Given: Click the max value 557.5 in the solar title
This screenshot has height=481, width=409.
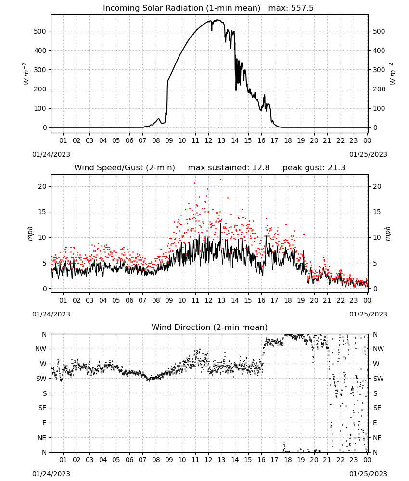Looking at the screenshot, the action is tap(302, 8).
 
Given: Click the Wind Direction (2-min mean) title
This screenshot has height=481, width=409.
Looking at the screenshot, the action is tap(210, 327).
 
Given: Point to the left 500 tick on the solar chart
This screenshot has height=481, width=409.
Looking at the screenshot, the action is tap(40, 31).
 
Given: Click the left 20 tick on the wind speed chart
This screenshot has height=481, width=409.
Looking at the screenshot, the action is tap(42, 186).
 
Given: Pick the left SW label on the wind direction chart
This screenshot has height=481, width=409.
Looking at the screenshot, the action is tap(41, 379).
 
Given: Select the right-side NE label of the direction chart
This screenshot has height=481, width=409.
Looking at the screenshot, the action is tap(377, 438).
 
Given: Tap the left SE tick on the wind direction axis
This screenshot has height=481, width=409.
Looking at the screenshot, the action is tap(42, 408).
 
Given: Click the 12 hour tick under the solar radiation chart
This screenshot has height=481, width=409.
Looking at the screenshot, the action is tap(208, 140).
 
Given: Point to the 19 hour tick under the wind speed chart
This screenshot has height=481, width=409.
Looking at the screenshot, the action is tap(301, 300).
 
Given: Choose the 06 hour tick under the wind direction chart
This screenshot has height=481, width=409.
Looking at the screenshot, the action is tap(129, 460).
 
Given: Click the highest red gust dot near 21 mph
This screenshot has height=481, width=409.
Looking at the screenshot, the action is tap(220, 180).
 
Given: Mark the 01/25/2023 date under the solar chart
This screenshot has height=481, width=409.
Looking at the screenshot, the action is tap(368, 154).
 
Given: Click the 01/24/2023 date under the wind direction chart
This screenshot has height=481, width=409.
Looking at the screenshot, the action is tap(51, 474).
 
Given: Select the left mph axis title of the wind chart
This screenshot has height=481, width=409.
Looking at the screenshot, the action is tap(30, 233).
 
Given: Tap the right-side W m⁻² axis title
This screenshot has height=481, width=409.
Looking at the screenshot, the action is tap(393, 74).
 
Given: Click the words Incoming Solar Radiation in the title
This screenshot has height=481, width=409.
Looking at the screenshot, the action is tap(153, 8).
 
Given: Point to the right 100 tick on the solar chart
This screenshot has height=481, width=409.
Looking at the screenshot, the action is tap(379, 108).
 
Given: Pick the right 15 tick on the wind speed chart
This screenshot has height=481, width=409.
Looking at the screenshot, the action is tap(377, 212).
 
